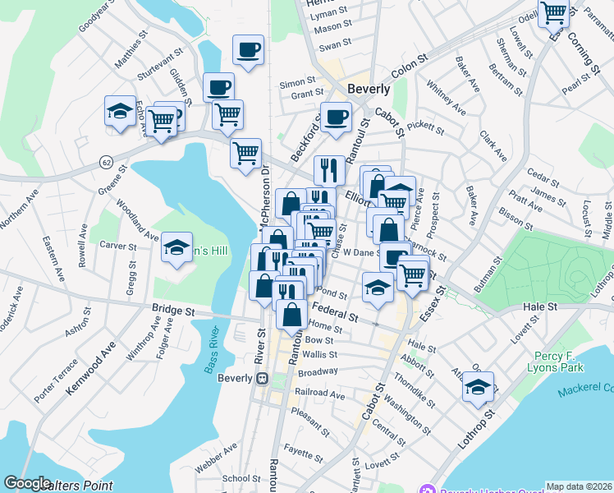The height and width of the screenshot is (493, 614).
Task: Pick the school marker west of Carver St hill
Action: (x=176, y=248)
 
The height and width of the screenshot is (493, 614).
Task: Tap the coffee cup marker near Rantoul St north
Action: (x=335, y=117)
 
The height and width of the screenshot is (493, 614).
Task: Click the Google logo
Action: (x=27, y=483)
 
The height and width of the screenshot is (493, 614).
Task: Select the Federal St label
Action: (x=336, y=312)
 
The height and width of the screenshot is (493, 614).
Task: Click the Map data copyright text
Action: (x=579, y=486)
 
